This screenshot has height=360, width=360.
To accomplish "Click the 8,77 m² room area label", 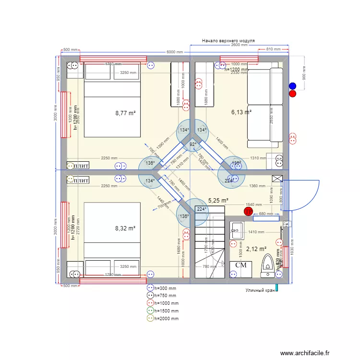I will [x=125, y=114].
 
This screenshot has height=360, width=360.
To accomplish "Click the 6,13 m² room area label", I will [x=241, y=112].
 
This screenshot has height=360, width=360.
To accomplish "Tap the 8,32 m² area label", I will [x=125, y=228].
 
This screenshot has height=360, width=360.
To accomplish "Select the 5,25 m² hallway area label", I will [x=218, y=201].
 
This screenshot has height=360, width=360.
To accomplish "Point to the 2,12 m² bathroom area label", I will [x=256, y=249].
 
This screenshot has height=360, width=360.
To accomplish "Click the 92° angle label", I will [x=193, y=144].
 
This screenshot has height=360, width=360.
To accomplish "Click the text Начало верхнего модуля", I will [x=228, y=41].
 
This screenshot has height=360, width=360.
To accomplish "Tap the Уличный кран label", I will [x=260, y=290].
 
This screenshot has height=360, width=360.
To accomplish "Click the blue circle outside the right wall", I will [x=292, y=86].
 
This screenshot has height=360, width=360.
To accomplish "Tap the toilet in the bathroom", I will [x=268, y=265].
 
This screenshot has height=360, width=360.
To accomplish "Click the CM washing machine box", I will [x=241, y=265].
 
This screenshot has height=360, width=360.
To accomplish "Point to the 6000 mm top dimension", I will [x=175, y=52].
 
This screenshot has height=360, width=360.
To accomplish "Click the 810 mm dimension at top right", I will [x=273, y=49].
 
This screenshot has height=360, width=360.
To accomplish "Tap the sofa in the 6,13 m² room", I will [x=264, y=108].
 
